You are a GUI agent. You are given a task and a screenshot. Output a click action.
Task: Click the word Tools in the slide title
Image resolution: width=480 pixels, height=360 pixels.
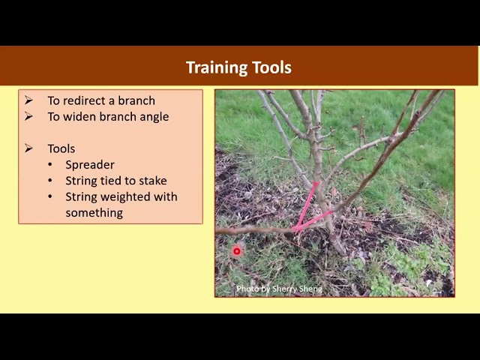271,67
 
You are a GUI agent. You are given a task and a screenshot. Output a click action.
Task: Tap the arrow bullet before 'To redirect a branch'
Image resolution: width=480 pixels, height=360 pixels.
28,100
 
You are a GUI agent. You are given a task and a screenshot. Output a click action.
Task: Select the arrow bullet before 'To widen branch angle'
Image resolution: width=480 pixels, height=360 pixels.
28,116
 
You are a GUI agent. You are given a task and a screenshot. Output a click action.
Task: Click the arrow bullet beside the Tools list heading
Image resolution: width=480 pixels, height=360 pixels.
28,148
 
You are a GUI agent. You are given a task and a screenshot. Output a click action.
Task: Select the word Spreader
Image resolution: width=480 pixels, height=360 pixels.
90,165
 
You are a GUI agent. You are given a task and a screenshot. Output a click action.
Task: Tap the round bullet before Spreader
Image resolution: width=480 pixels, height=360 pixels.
50,165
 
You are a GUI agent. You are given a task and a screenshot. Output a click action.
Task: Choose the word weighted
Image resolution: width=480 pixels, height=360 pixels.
127,197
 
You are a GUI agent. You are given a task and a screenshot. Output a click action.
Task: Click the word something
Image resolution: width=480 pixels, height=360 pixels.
94,213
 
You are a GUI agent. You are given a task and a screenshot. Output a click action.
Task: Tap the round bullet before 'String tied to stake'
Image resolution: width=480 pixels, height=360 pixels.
50,181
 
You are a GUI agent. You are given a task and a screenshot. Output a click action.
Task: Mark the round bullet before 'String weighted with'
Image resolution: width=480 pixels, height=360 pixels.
50,196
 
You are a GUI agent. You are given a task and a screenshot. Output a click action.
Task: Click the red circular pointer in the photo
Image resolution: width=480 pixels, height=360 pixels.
236,252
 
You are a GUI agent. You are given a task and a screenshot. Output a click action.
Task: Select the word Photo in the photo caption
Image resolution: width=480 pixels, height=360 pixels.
248,289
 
